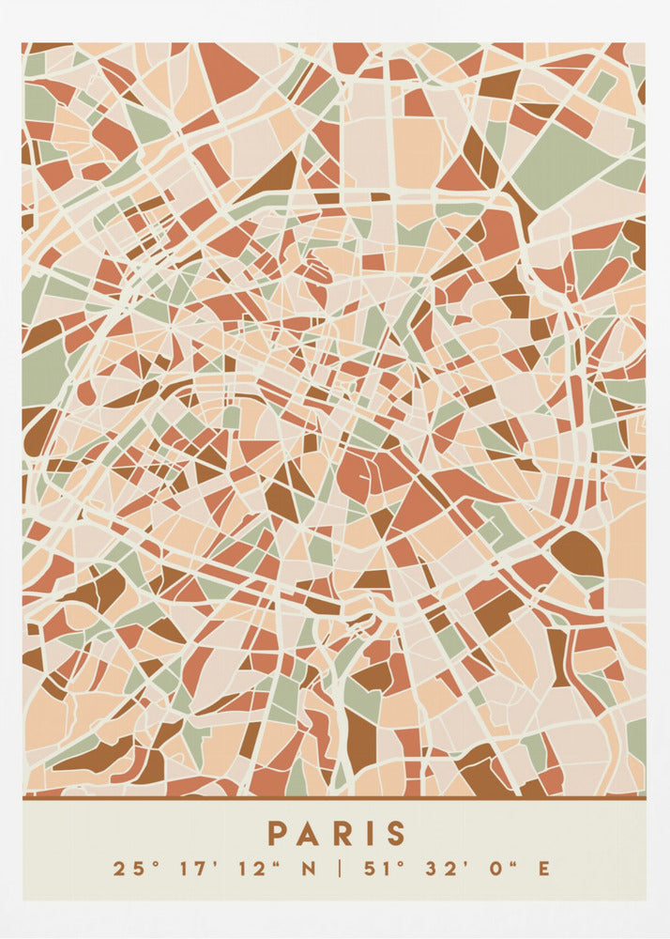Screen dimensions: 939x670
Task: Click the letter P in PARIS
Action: (x=277, y=833)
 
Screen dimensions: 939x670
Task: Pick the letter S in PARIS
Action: (x=394, y=833)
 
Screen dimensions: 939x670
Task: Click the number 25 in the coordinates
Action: (x=125, y=869)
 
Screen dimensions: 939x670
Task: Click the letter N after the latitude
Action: (x=308, y=869)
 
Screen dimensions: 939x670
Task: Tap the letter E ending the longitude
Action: (x=542, y=869)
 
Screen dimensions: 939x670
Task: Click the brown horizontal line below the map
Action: (x=334, y=798)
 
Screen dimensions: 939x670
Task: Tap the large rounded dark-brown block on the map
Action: (x=577, y=554)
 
